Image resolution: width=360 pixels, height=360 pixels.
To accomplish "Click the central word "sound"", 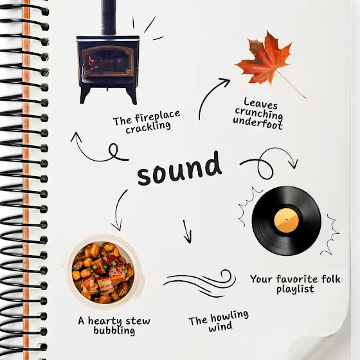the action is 179,168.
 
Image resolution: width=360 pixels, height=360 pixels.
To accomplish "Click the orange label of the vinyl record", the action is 286,220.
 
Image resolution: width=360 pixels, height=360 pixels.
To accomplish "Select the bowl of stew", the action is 104,271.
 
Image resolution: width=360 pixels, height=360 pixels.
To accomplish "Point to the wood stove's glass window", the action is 108,61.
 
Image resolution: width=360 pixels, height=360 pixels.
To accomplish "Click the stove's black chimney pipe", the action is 108,17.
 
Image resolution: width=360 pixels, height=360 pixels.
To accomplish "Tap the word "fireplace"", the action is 157,116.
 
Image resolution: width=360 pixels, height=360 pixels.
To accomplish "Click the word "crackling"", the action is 148,128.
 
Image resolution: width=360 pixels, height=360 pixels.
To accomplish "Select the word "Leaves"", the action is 260,104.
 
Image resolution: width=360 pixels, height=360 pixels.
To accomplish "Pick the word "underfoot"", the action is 258,123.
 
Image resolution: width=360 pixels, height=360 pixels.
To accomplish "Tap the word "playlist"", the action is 295,289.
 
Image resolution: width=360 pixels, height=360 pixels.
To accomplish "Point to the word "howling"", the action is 230,316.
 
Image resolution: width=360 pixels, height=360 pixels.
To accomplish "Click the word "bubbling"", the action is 114,331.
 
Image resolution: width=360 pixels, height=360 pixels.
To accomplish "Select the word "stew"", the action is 138,321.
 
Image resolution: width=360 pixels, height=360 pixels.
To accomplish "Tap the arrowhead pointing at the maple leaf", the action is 225,82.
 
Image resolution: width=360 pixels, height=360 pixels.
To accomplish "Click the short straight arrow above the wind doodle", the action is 187,231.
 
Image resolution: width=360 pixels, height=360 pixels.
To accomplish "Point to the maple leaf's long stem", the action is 292,84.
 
